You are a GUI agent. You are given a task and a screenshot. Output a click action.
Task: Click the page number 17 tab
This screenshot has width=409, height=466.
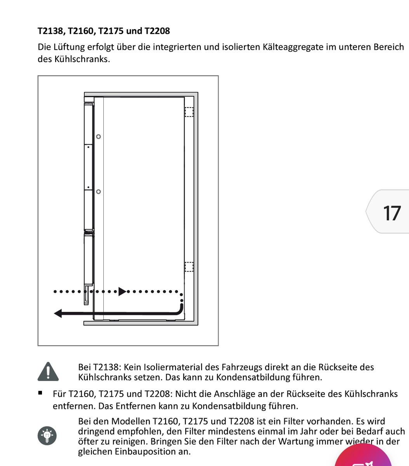(x=390, y=212)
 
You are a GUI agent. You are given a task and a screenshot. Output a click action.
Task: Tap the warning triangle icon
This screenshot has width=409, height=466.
(x=48, y=372)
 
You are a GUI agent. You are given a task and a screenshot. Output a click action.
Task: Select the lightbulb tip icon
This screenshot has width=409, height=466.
(x=47, y=435)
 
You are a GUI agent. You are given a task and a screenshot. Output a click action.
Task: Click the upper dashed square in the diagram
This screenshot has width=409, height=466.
(x=189, y=112)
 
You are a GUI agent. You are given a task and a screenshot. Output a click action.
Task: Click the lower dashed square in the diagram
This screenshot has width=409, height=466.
(x=189, y=267)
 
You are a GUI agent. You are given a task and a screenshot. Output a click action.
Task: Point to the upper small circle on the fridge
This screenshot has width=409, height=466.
(x=98, y=137)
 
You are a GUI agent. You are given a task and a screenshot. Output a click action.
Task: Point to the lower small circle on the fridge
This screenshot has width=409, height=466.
(x=98, y=191)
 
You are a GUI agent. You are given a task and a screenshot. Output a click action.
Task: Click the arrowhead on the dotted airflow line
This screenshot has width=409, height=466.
(x=122, y=291)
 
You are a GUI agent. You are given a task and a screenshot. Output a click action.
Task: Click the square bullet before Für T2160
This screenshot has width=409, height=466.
(x=40, y=393)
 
